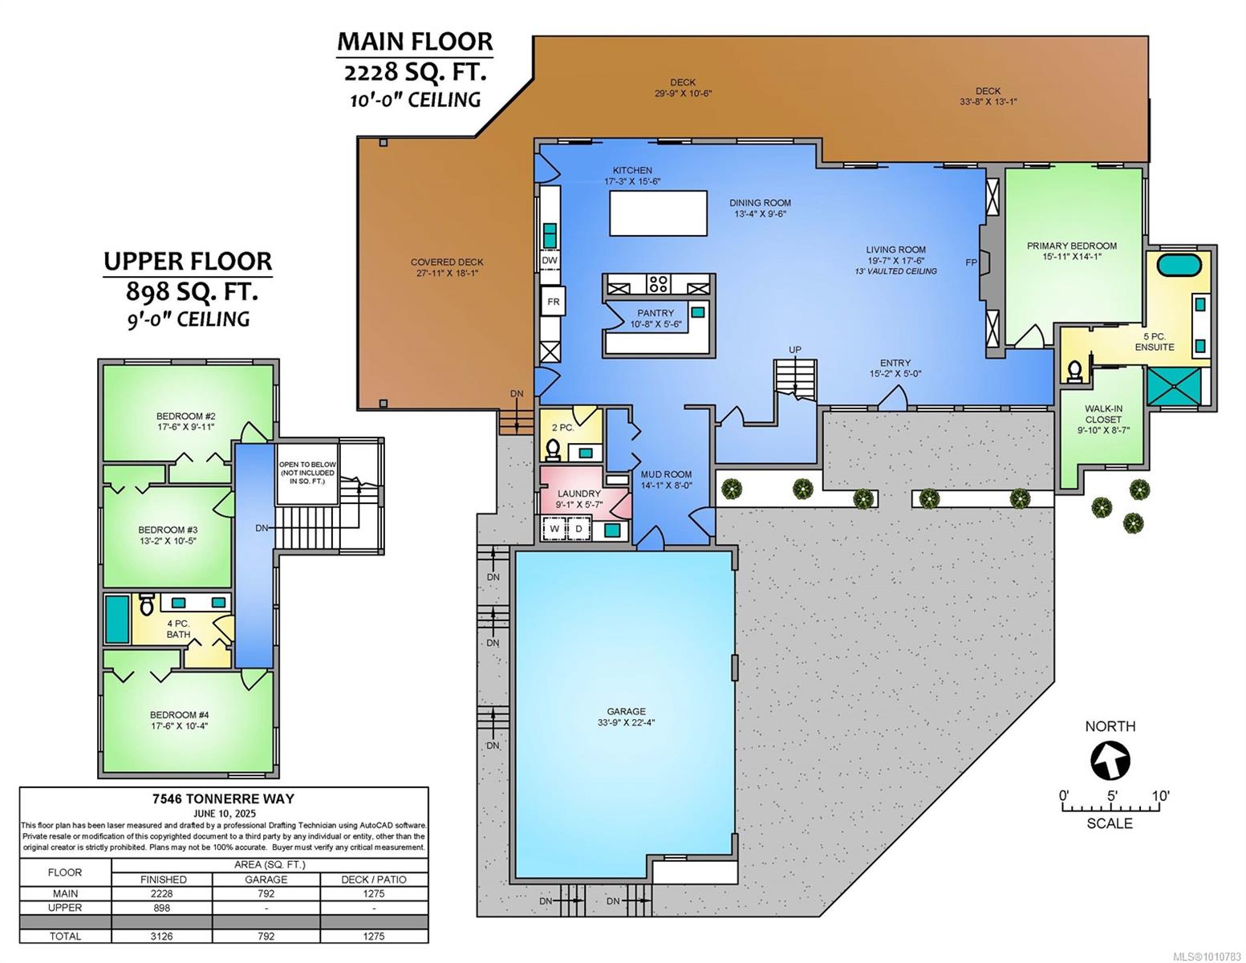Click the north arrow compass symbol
1110,761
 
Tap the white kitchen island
658,213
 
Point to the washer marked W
554,528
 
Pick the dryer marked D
579,528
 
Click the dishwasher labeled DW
550,260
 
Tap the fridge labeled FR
553,301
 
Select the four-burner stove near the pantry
658,284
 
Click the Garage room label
626,717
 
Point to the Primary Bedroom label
1072,251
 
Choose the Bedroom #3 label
168,535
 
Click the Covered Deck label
447,267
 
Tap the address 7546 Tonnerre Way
223,798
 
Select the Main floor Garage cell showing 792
266,893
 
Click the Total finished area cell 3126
162,936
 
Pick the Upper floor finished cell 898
162,908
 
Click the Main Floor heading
415,42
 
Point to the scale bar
1110,807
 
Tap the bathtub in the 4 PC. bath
117,620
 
